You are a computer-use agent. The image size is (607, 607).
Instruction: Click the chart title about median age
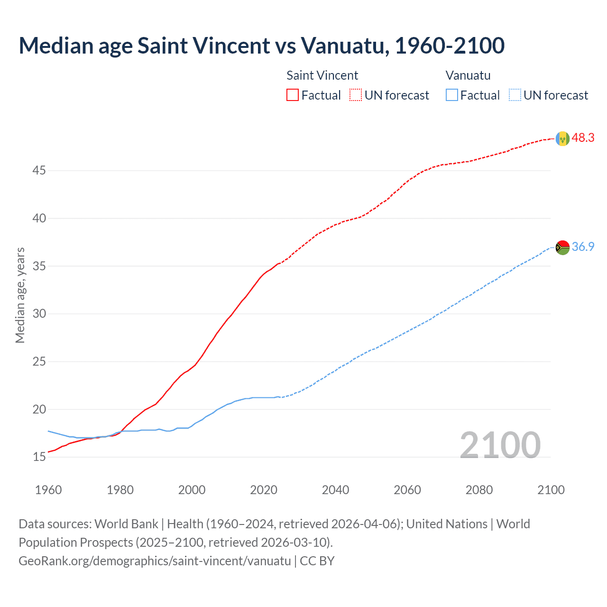point(261,46)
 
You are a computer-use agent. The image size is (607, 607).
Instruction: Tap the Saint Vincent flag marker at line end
point(562,138)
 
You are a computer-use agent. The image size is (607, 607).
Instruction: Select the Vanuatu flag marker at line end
point(562,248)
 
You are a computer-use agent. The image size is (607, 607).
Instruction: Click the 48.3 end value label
point(583,138)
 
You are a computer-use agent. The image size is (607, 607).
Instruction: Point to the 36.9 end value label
point(583,247)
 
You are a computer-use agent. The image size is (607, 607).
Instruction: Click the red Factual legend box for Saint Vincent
point(293,95)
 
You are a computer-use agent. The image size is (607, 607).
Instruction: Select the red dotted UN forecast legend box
point(356,95)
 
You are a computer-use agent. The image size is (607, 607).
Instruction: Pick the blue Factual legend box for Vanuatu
point(452,95)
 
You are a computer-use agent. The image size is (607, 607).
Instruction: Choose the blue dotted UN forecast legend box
point(515,95)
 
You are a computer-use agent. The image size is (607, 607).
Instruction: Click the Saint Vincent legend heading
point(322,75)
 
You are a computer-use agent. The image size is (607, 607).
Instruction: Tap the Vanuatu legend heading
point(468,75)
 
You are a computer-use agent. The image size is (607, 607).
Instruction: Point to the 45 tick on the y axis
point(39,170)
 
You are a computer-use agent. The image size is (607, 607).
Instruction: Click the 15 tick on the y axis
point(39,457)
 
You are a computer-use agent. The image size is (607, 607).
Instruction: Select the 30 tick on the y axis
point(39,314)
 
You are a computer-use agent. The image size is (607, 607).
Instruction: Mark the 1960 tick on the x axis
point(48,490)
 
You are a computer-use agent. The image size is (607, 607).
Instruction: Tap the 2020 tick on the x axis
point(264,490)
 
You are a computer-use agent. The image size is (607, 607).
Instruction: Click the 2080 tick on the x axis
point(479,490)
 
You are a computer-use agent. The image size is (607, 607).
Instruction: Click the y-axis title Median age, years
point(20,295)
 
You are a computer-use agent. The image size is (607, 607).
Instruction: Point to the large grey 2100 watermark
point(500,445)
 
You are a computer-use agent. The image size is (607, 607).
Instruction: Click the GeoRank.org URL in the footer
point(155,561)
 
